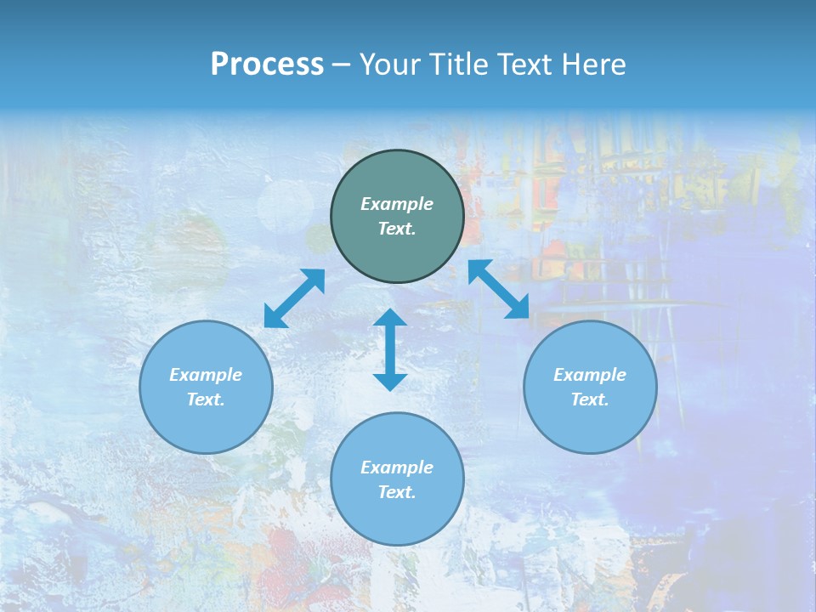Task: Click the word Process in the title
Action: (267, 65)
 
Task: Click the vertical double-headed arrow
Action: (390, 349)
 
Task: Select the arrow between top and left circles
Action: (294, 297)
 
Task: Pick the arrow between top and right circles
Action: (499, 289)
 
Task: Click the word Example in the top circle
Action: (397, 204)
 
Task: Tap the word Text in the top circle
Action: (397, 229)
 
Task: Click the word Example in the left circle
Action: (206, 375)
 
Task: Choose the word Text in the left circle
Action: (206, 399)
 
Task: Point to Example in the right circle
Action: (590, 375)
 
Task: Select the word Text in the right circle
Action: (590, 399)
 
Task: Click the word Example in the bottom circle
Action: (397, 467)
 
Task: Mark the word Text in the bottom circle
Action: (397, 492)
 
